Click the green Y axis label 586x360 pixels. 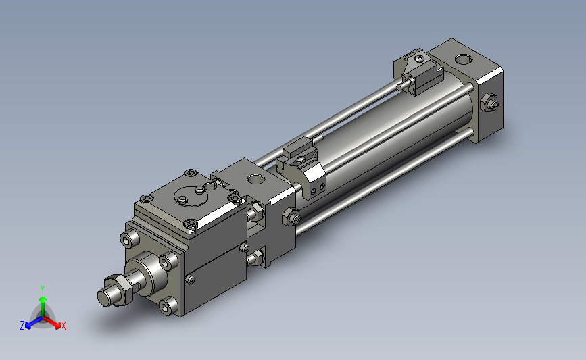(43, 290)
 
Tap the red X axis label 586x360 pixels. (63, 326)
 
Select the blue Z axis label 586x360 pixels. (22, 326)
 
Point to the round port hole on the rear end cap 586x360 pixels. (464, 59)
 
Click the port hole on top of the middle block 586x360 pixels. (256, 179)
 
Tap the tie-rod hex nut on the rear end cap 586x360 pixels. (489, 103)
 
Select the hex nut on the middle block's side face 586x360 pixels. (291, 217)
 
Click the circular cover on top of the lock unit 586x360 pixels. (192, 195)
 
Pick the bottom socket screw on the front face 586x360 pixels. (167, 306)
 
